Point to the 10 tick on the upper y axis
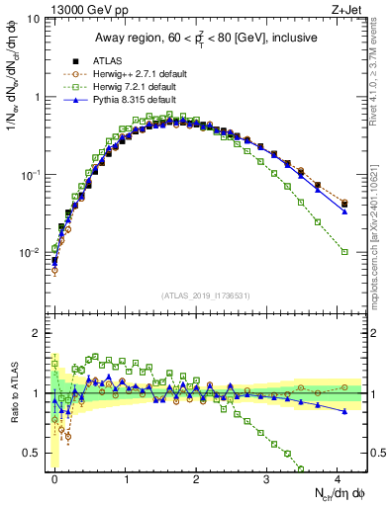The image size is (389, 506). [x=34, y=20]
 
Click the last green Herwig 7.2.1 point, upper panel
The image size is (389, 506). [x=344, y=252]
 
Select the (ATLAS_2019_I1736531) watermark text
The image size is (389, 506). [x=206, y=295]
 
